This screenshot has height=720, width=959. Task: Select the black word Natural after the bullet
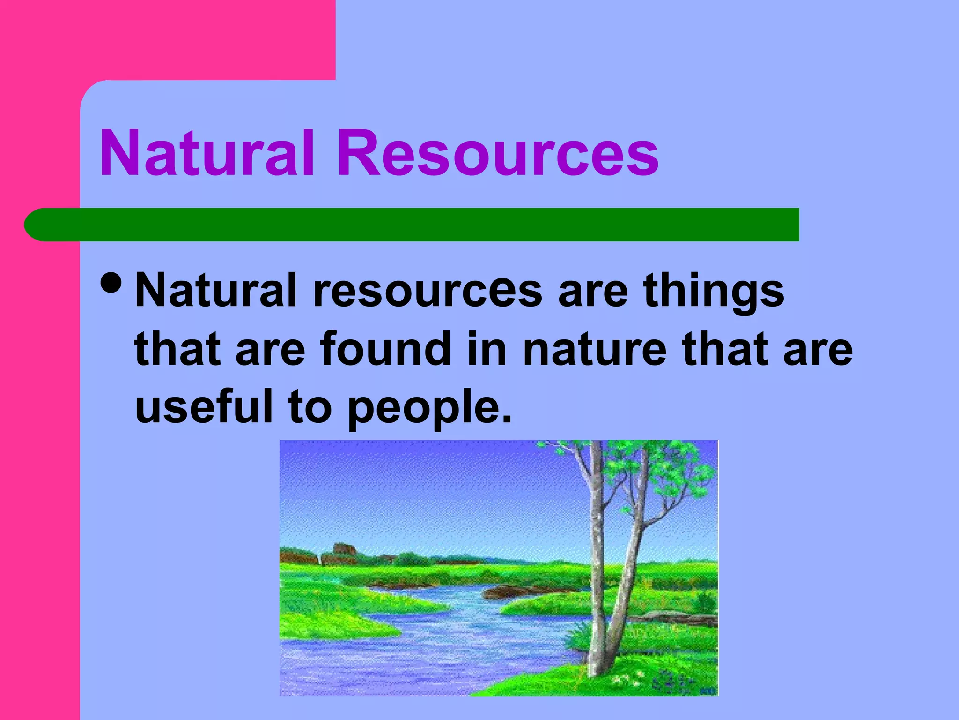point(216,291)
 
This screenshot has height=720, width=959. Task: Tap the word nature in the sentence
point(594,350)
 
